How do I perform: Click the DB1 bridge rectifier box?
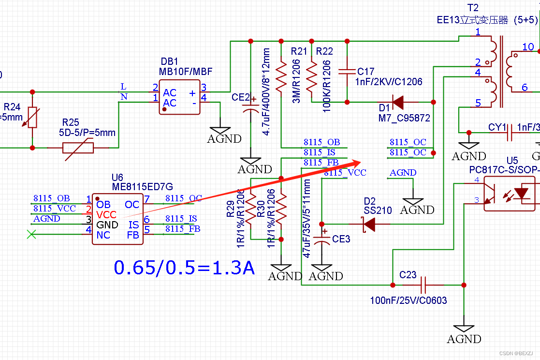pyautogui.click(x=179, y=97)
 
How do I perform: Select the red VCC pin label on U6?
pyautogui.click(x=106, y=214)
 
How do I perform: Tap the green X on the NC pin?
pyautogui.click(x=31, y=235)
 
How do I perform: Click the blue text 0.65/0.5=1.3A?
pyautogui.click(x=184, y=267)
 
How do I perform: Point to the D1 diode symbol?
pyautogui.click(x=398, y=102)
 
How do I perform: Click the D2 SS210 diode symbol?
pyautogui.click(x=369, y=224)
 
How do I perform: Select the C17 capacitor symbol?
pyautogui.click(x=347, y=72)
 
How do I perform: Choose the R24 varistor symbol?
pyautogui.click(x=32, y=118)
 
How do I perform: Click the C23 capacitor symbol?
pyautogui.click(x=424, y=285)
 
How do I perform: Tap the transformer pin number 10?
pyautogui.click(x=528, y=47)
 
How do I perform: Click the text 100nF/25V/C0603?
pyautogui.click(x=409, y=300)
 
